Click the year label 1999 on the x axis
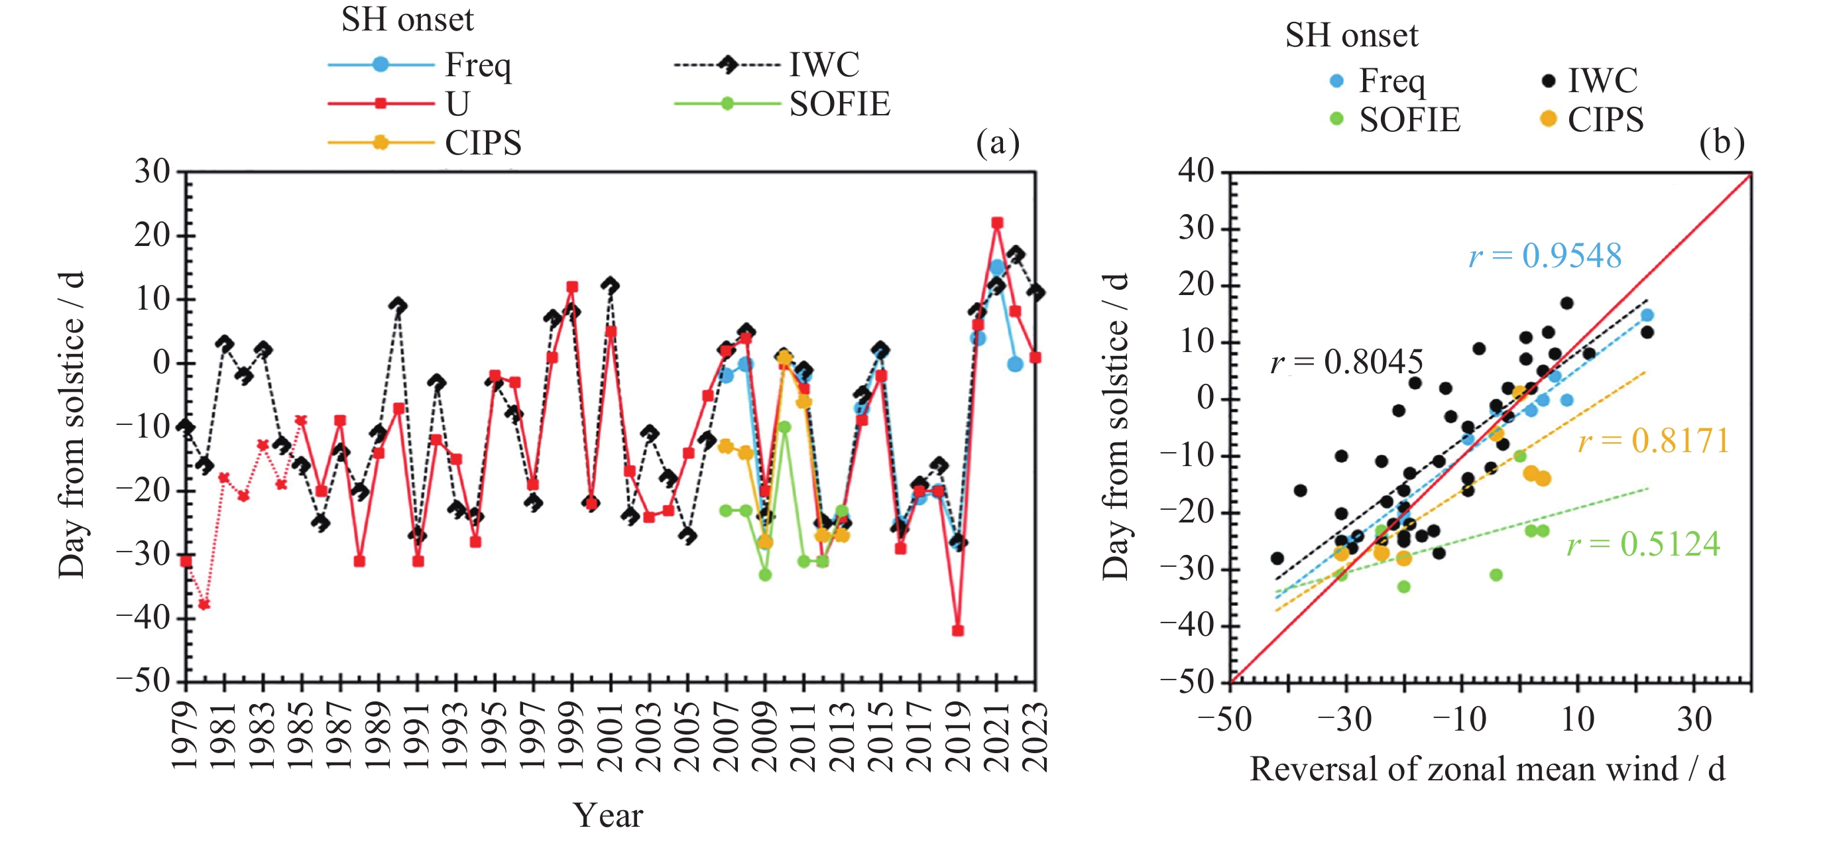pyautogui.click(x=571, y=737)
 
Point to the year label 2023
pyautogui.click(x=1036, y=737)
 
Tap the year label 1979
pyautogui.click(x=186, y=737)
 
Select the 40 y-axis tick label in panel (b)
pyautogui.click(x=1196, y=171)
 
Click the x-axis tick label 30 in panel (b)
pyautogui.click(x=1694, y=719)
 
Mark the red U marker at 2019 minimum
pyautogui.click(x=958, y=631)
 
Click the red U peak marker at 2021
pyautogui.click(x=997, y=223)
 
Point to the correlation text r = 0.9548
pyautogui.click(x=1545, y=256)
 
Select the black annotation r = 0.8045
pyautogui.click(x=1346, y=363)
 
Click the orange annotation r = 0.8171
pyautogui.click(x=1653, y=441)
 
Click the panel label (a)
pyautogui.click(x=997, y=143)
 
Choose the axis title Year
pyautogui.click(x=608, y=815)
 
